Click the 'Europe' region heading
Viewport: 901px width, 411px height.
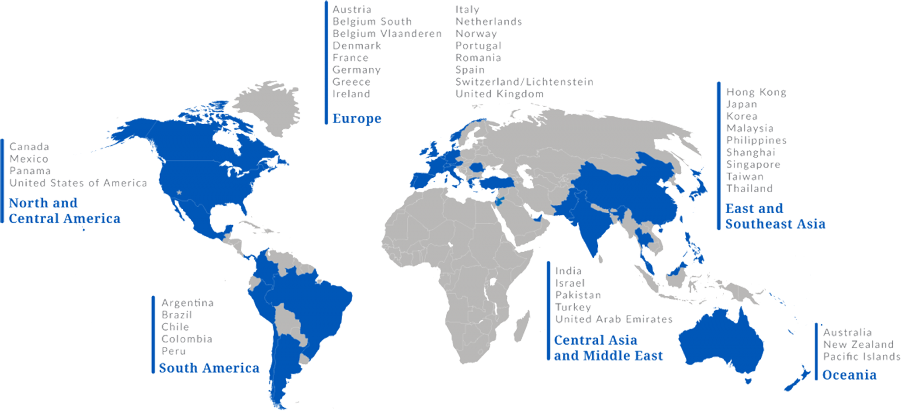pyautogui.click(x=357, y=118)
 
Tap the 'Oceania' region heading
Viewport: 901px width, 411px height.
pyautogui.click(x=849, y=375)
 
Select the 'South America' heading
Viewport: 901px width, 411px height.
pyautogui.click(x=209, y=368)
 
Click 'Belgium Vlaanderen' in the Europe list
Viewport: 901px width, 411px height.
pyautogui.click(x=387, y=34)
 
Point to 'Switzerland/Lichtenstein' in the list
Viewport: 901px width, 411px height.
pyautogui.click(x=524, y=82)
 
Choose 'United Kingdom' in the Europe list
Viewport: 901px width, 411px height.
pyautogui.click(x=500, y=94)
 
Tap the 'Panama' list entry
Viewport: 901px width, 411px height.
pyautogui.click(x=30, y=171)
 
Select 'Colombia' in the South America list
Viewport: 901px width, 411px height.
pyautogui.click(x=186, y=339)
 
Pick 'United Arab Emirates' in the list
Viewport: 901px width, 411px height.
pyautogui.click(x=614, y=319)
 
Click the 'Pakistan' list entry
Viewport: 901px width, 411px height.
pyautogui.click(x=578, y=295)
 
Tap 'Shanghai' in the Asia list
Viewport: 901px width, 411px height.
pyautogui.click(x=751, y=153)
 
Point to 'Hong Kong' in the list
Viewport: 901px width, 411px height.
pyautogui.click(x=756, y=93)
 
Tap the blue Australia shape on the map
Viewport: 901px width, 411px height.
pyautogui.click(x=720, y=344)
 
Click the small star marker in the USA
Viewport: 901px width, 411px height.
pyautogui.click(x=179, y=192)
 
